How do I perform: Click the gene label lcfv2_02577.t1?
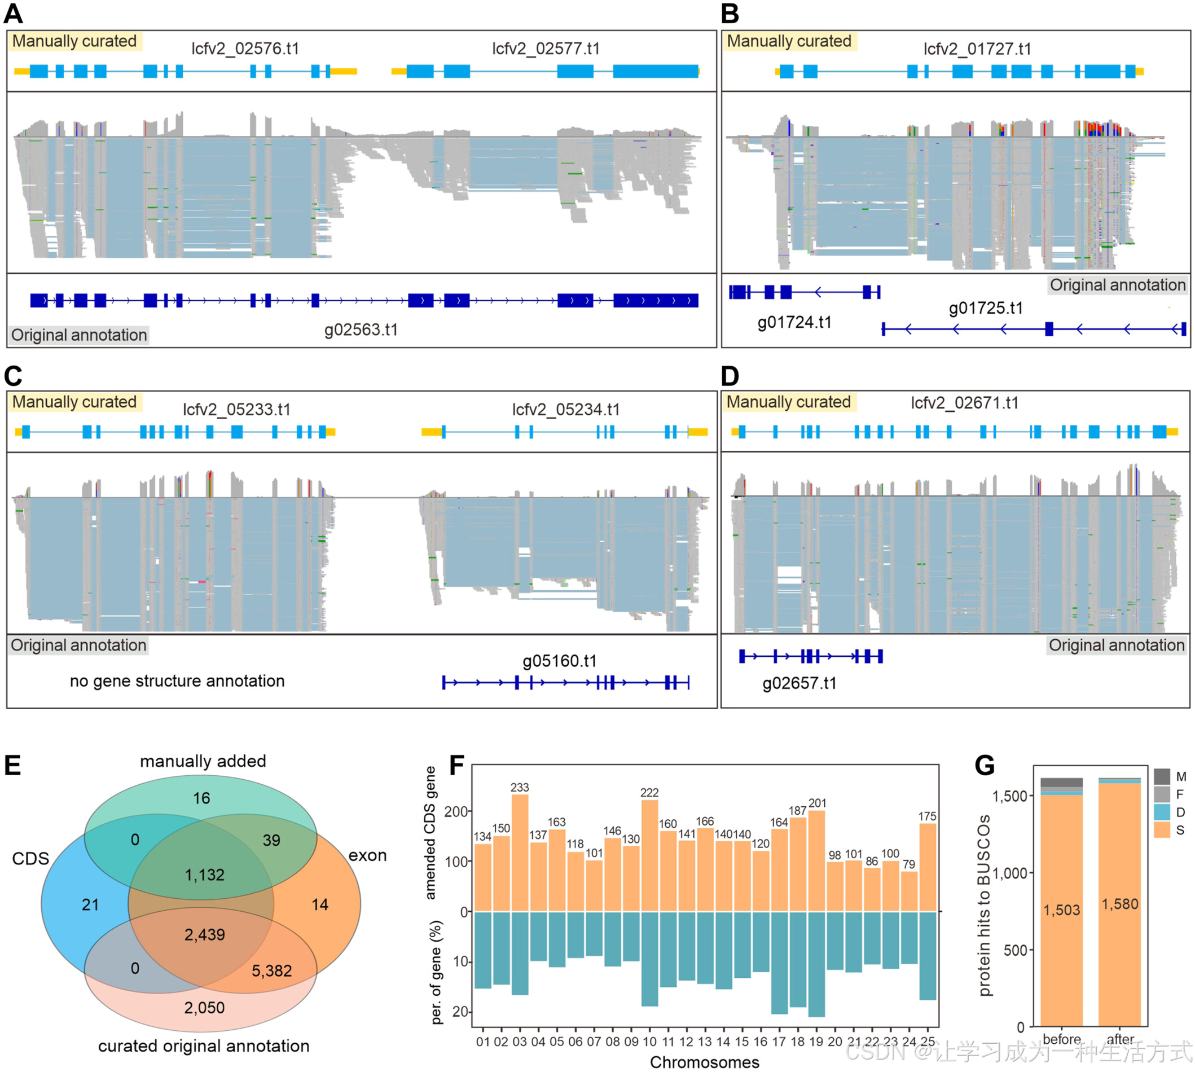tap(546, 49)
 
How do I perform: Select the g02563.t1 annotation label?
tap(361, 329)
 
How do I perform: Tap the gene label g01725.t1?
tap(985, 308)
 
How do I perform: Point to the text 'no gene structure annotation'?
tap(177, 681)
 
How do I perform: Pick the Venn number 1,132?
tap(204, 875)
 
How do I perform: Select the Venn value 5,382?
tap(271, 970)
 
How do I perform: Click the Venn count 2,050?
tap(204, 1008)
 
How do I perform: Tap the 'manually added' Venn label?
tap(203, 761)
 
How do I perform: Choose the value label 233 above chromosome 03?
tap(520, 788)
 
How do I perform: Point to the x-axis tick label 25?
tap(928, 1042)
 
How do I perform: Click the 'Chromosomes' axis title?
tap(704, 1062)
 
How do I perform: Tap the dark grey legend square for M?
tap(1161, 776)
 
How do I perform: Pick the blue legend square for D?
tap(1161, 812)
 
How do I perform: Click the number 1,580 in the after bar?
tap(1119, 904)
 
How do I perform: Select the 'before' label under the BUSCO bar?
tap(1061, 1040)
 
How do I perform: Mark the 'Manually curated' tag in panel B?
tap(789, 41)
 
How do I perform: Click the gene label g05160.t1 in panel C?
tap(560, 661)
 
